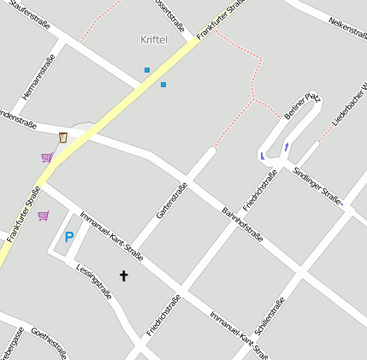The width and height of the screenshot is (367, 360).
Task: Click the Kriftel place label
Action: coord(155,39)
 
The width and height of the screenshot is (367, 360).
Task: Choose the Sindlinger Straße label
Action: coord(317,186)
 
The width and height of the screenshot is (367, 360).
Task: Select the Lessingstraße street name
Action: coord(94,280)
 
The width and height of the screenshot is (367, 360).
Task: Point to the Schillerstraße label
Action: coord(269,316)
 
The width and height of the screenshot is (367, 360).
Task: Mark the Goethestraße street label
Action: coord(49,342)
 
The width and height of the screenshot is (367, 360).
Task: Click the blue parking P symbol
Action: coord(69,237)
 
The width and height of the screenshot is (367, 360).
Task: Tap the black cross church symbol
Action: coord(123,276)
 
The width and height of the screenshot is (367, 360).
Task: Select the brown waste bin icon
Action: coord(62,138)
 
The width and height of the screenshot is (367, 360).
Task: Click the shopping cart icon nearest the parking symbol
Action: coord(43,215)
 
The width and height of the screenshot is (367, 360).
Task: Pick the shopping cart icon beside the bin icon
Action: coord(46,157)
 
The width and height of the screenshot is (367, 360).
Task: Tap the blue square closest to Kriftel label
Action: coord(147,70)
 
